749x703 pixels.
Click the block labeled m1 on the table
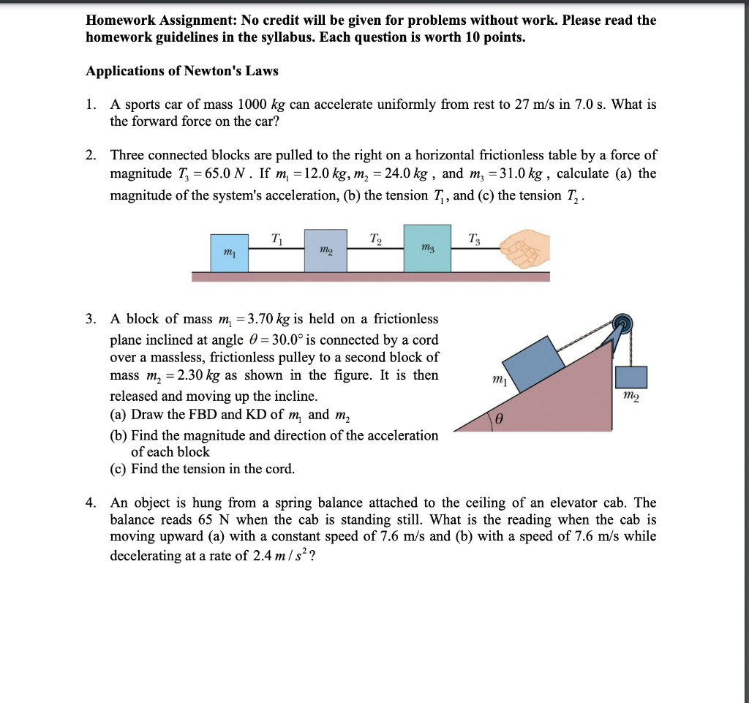tap(230, 252)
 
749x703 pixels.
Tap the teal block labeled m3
tap(428, 249)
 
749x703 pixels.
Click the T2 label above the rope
tap(375, 237)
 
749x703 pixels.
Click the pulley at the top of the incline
tap(622, 325)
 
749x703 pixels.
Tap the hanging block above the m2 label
tap(631, 377)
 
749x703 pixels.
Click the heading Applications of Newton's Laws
tap(182, 71)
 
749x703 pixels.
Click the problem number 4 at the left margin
tap(90, 503)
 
